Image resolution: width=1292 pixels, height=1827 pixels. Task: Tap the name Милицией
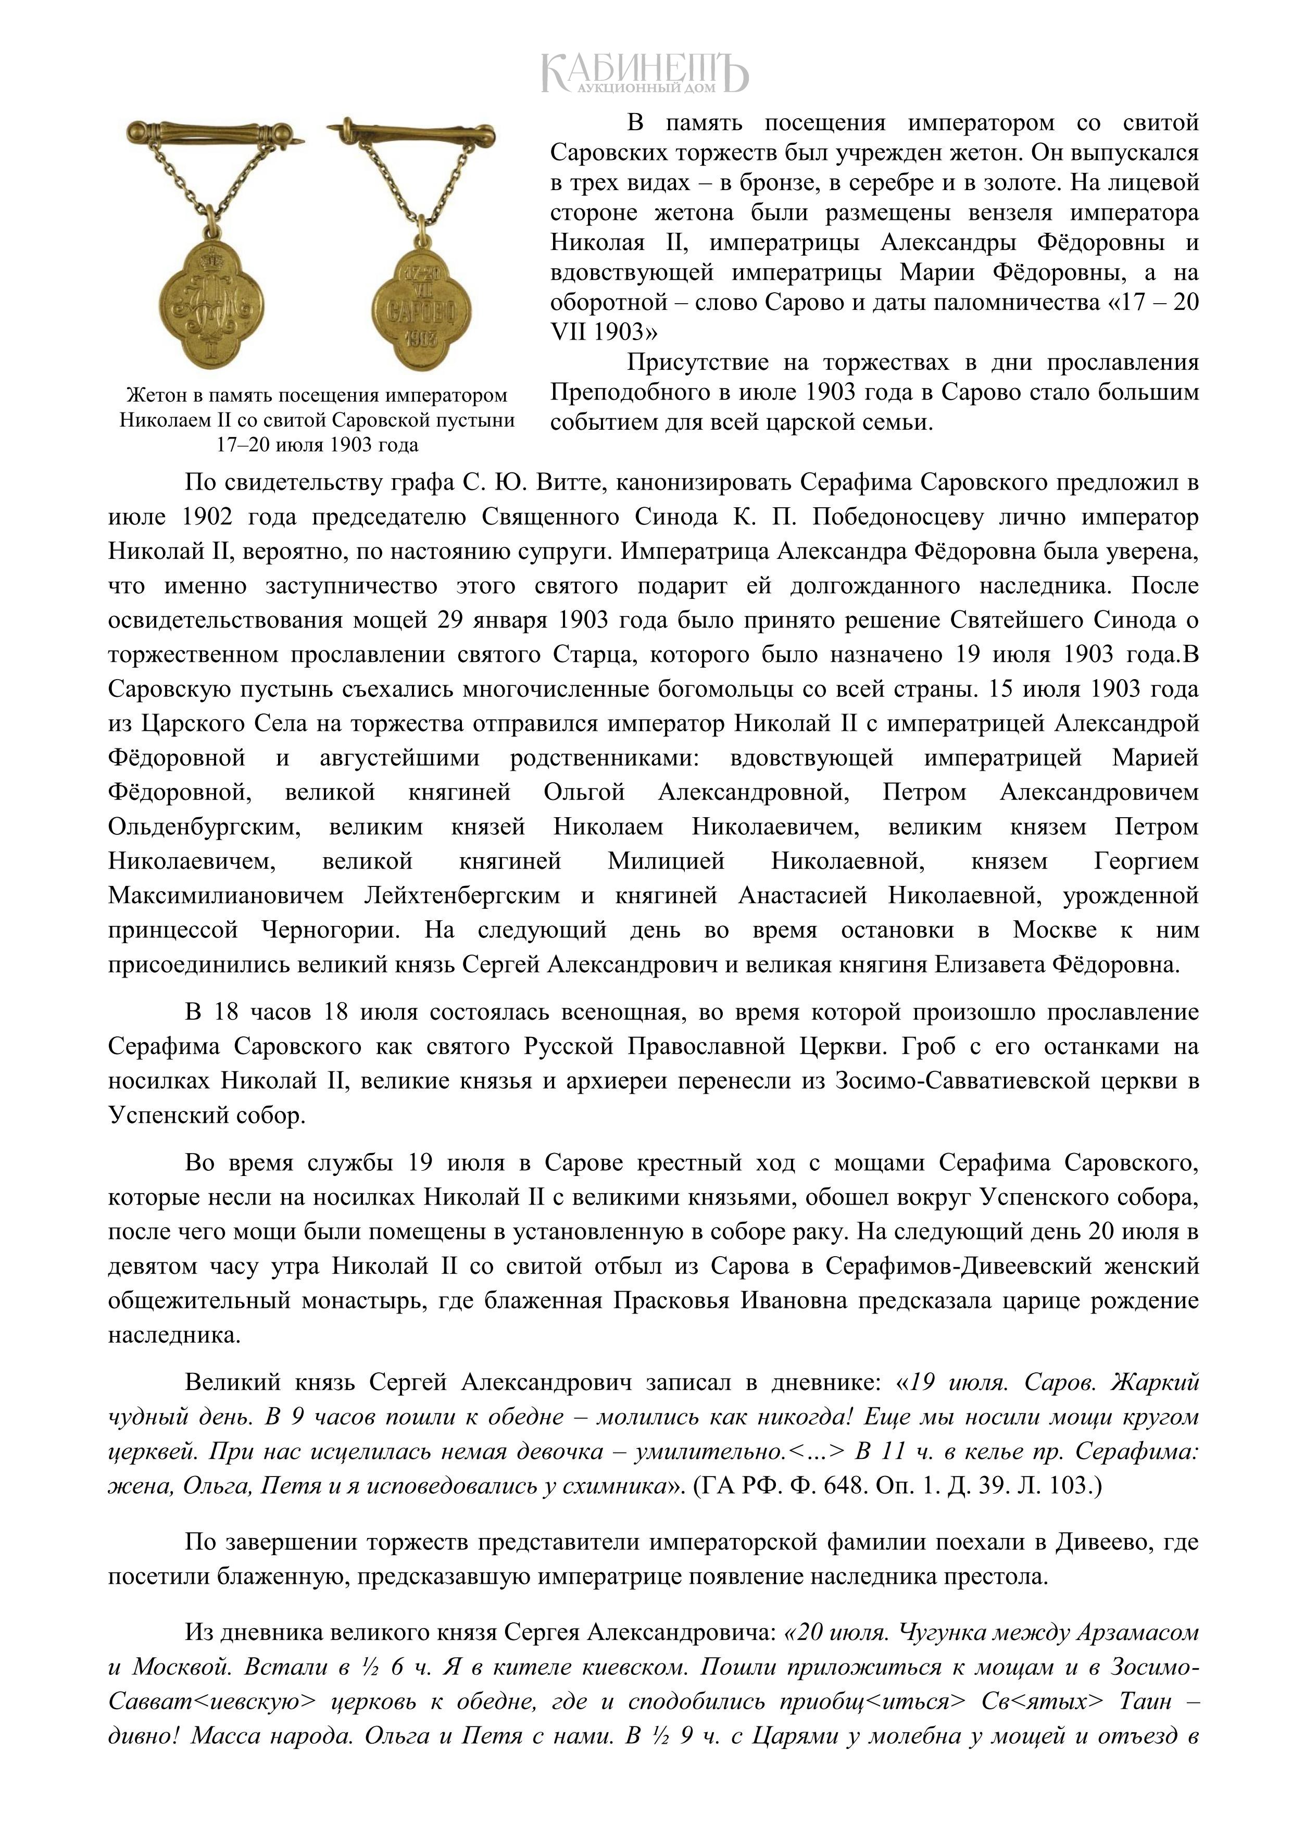click(666, 862)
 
